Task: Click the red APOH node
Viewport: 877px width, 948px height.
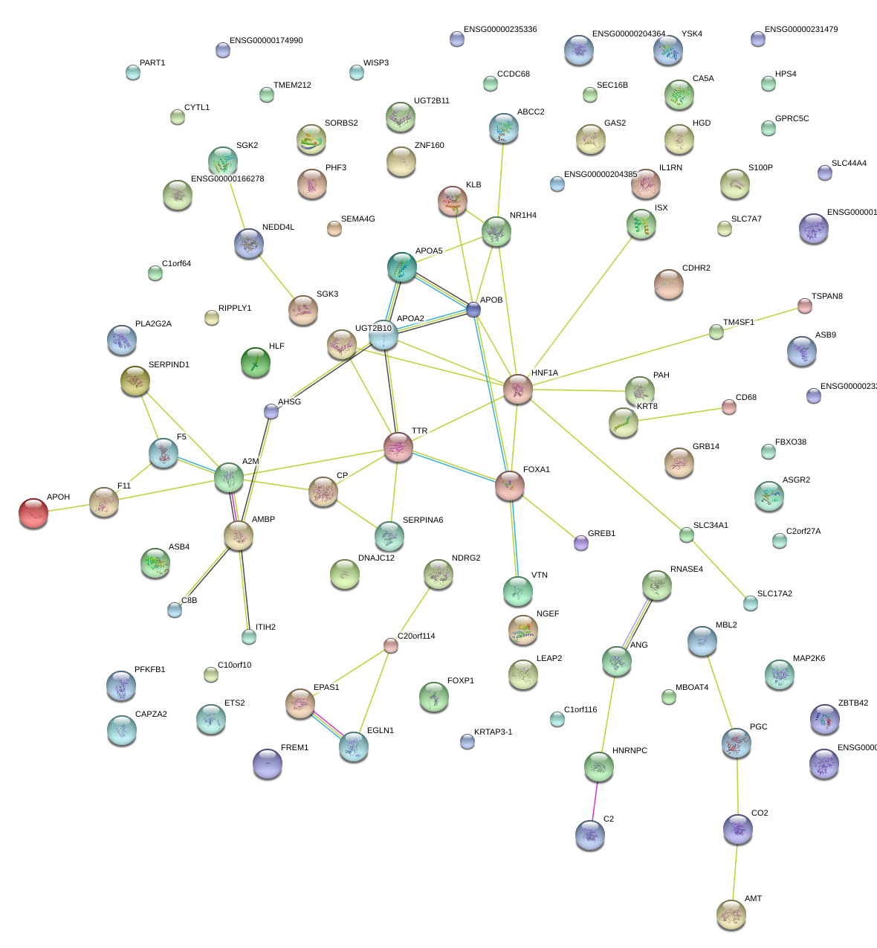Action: [x=33, y=513]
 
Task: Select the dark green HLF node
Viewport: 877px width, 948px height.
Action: [x=256, y=362]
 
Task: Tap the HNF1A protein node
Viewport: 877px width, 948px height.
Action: [x=518, y=389]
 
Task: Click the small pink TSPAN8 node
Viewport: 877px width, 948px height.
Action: [x=805, y=305]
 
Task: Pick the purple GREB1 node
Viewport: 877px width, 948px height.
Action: [x=581, y=543]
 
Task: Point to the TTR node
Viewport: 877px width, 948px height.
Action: [x=398, y=447]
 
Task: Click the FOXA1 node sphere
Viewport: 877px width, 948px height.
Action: [x=510, y=486]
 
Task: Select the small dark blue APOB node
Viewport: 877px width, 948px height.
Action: [x=473, y=310]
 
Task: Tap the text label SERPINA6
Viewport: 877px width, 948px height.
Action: [x=422, y=520]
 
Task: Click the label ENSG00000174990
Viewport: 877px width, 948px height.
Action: [x=266, y=41]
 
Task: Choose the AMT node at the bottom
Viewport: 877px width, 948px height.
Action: [x=731, y=914]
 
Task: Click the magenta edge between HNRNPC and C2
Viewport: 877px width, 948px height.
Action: [x=595, y=801]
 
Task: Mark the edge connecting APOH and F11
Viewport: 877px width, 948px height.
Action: [x=68, y=508]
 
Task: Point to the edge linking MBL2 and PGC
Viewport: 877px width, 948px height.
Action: [x=719, y=691]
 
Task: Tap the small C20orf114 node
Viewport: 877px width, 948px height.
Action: [x=391, y=645]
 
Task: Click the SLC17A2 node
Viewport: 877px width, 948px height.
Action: [x=751, y=603]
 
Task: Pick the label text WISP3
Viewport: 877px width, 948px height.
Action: [x=375, y=63]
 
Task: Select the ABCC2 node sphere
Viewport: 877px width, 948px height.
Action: [x=504, y=128]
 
